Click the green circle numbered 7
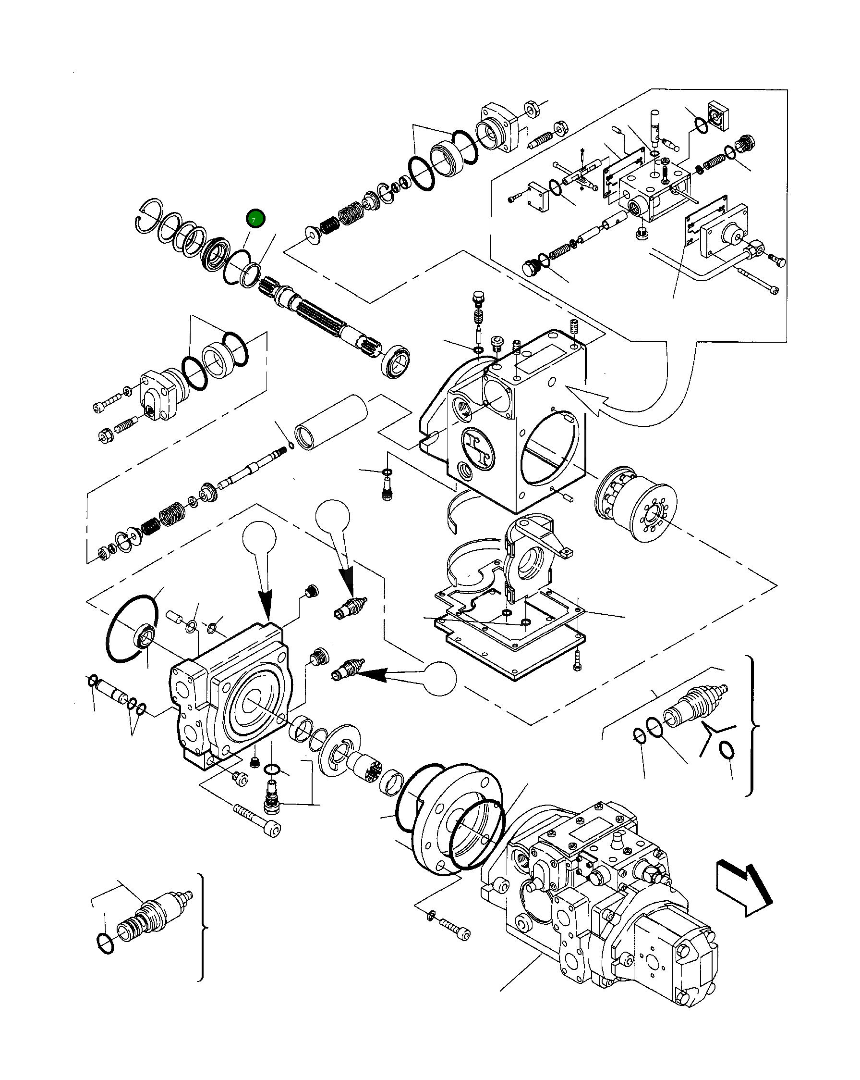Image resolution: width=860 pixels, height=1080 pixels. click(255, 219)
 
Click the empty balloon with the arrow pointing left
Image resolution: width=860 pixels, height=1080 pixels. click(440, 678)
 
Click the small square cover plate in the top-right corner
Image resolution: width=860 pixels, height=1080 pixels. click(718, 116)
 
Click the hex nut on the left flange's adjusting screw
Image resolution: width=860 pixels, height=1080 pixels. click(106, 435)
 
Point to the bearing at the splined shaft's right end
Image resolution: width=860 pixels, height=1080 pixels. click(397, 360)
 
